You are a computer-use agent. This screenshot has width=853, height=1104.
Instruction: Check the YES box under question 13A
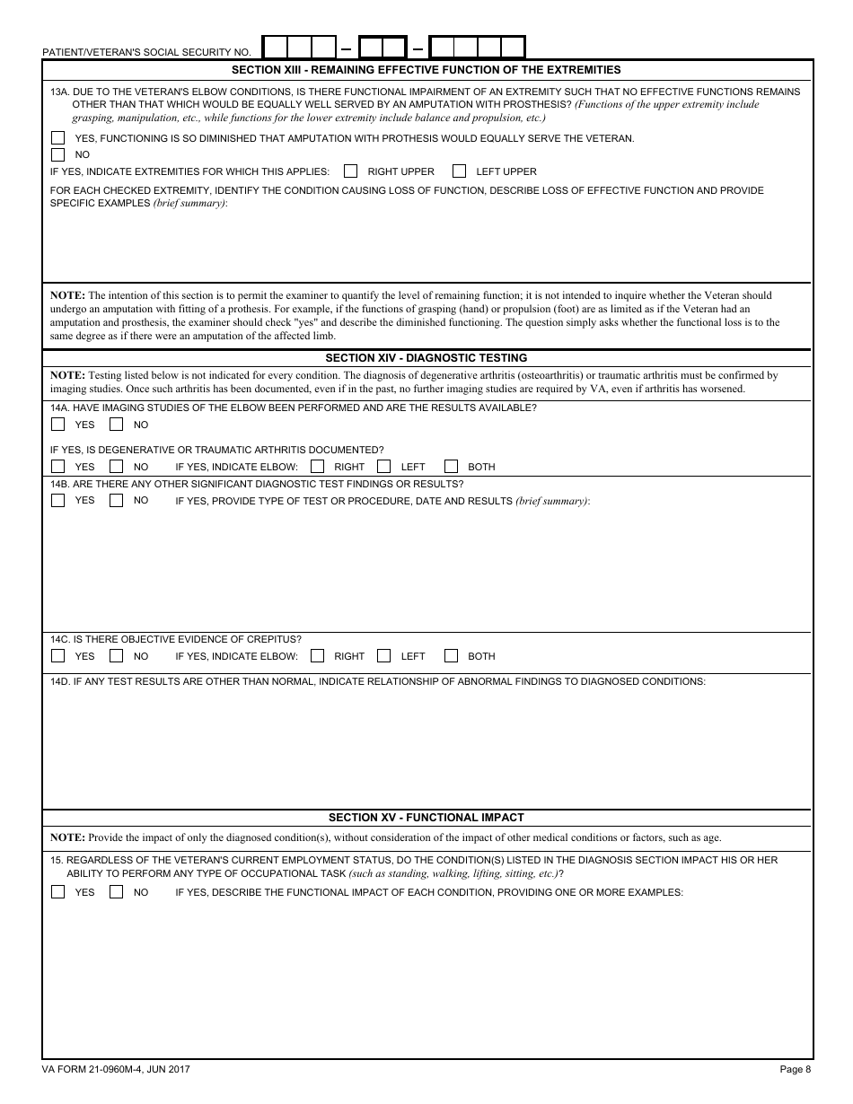58,138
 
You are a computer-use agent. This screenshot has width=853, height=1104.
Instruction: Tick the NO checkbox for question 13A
58,154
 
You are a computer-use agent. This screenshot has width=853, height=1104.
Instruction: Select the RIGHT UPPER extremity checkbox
351,171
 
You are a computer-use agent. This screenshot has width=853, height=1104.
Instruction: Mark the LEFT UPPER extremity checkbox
460,171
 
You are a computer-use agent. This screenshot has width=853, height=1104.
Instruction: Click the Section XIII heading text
426,70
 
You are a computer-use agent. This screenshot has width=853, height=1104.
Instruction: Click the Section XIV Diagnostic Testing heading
426,358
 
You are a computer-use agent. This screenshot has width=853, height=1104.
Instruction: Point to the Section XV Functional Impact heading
426,818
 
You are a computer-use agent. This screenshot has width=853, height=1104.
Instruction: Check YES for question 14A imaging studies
58,425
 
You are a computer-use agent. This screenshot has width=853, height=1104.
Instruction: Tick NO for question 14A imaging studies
117,425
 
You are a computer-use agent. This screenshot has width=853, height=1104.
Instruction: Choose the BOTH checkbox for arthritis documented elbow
452,467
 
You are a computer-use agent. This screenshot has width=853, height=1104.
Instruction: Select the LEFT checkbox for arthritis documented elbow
384,467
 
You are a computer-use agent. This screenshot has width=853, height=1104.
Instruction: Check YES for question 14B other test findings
58,501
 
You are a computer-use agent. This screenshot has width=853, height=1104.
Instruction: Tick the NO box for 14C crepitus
117,656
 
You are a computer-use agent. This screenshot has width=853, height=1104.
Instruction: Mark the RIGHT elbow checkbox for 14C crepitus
318,656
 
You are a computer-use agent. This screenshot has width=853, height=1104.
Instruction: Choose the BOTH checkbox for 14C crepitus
452,656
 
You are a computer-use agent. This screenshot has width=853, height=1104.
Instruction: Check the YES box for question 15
58,892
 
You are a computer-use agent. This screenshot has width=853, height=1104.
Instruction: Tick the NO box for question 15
117,892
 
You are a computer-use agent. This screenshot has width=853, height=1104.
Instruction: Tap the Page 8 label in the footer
795,1069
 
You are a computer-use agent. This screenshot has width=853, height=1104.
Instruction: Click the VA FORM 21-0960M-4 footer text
116,1069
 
